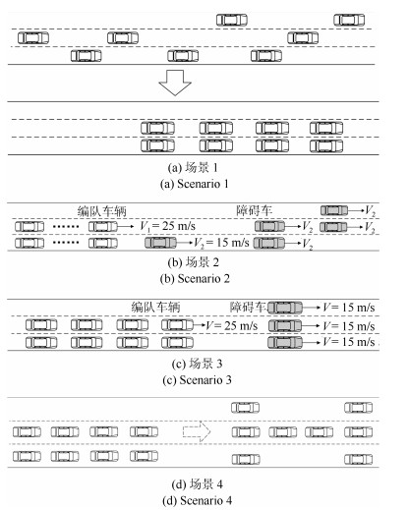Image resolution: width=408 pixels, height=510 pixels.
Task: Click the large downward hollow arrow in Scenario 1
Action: [x=175, y=83]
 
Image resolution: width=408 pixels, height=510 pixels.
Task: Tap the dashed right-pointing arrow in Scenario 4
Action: [x=197, y=431]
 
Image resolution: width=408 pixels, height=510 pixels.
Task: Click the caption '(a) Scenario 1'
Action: [x=194, y=184]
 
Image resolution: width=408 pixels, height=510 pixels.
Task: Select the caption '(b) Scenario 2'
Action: [x=195, y=279]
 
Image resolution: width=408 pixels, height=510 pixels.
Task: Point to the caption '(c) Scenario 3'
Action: [x=197, y=380]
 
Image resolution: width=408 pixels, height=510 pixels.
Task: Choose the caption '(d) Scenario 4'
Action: [x=197, y=500]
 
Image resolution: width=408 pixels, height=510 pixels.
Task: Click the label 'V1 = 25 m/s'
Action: [x=167, y=226]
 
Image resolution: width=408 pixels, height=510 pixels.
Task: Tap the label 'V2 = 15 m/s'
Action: [x=221, y=243]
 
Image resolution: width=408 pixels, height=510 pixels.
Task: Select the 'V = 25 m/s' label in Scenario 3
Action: [x=232, y=326]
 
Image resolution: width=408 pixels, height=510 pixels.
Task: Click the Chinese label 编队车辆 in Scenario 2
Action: [x=102, y=211]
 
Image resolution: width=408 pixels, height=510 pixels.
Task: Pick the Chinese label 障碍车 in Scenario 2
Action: [x=255, y=210]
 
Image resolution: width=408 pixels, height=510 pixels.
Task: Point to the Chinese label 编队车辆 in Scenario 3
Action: [x=155, y=307]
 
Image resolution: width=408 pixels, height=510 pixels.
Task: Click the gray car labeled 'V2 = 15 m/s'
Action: [x=160, y=243]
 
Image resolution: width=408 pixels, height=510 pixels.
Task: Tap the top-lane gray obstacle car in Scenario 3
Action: [x=285, y=308]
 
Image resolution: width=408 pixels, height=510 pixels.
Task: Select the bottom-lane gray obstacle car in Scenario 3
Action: [x=285, y=343]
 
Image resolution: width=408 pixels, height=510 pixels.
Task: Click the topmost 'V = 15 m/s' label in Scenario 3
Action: [x=348, y=308]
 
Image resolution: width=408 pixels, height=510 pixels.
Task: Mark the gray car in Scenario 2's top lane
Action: [x=334, y=210]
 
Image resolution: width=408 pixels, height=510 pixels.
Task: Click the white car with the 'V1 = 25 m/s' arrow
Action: [x=103, y=226]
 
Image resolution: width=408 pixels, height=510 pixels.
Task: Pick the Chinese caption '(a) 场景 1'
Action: [x=193, y=168]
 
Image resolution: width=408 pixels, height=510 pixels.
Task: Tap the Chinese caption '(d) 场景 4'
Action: [x=197, y=484]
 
